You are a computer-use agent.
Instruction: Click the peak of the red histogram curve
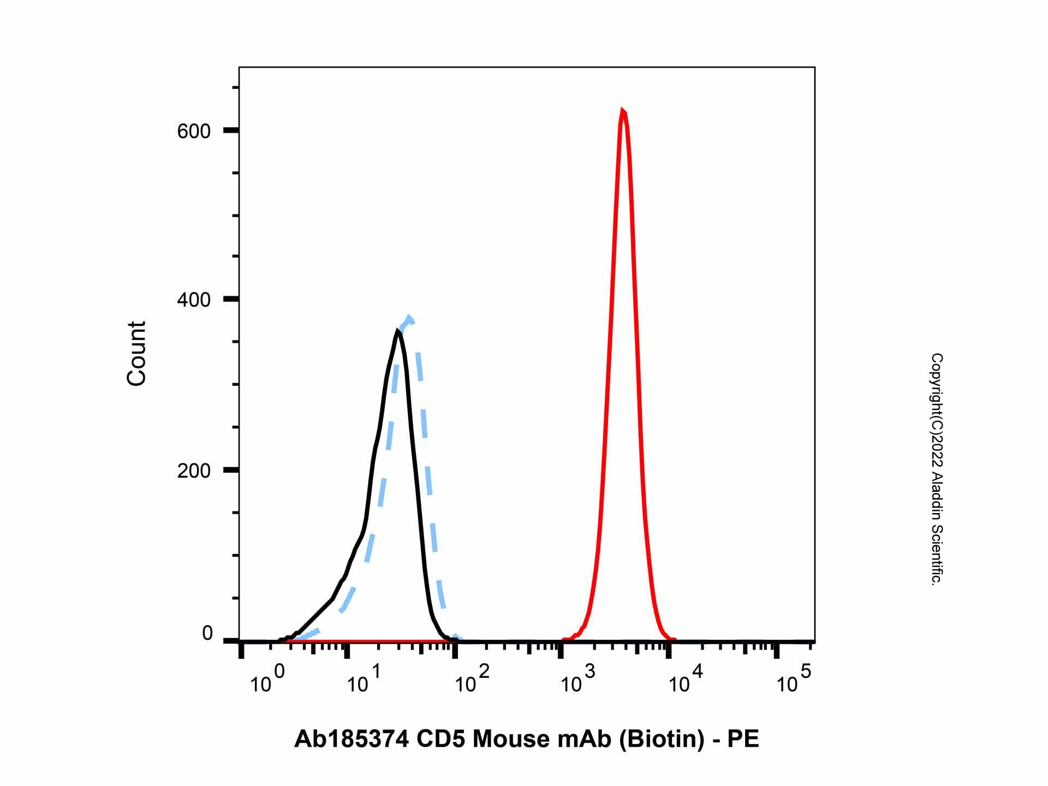[x=622, y=111]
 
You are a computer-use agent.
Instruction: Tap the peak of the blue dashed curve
[x=409, y=318]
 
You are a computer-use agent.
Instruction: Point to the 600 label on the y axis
[x=194, y=131]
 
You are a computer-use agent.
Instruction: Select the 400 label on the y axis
[x=194, y=300]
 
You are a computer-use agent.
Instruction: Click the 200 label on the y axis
[x=194, y=471]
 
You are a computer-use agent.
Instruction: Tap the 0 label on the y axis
[x=207, y=634]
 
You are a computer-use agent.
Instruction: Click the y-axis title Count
[x=136, y=354]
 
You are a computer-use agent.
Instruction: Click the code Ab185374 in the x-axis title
[x=352, y=740]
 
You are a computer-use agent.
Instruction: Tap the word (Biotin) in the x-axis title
[x=661, y=740]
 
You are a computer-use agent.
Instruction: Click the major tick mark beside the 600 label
[x=231, y=130]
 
